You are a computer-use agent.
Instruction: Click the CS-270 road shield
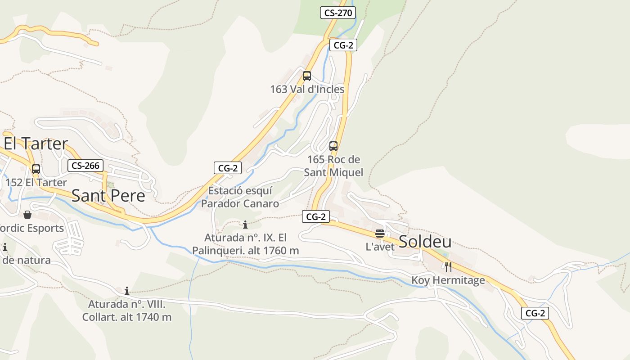pyautogui.click(x=338, y=13)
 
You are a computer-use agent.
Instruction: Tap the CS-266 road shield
pyautogui.click(x=85, y=166)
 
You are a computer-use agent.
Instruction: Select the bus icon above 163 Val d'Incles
pyautogui.click(x=307, y=76)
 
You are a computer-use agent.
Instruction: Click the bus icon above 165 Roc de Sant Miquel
pyautogui.click(x=333, y=146)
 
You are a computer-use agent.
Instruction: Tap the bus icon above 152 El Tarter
pyautogui.click(x=36, y=169)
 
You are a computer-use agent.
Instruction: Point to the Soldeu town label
pyautogui.click(x=425, y=242)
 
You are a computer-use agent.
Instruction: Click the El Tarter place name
pyautogui.click(x=36, y=144)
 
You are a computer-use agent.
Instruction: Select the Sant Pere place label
pyautogui.click(x=108, y=195)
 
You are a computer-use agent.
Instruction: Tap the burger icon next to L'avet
pyautogui.click(x=380, y=234)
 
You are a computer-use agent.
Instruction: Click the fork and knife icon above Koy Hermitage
pyautogui.click(x=448, y=267)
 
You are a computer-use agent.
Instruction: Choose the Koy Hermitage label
pyautogui.click(x=448, y=280)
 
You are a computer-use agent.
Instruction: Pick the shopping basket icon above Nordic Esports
pyautogui.click(x=27, y=215)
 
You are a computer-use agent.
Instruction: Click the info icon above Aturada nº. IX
pyautogui.click(x=245, y=225)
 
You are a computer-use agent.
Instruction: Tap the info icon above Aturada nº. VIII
pyautogui.click(x=127, y=291)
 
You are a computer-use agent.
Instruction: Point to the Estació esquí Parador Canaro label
pyautogui.click(x=240, y=197)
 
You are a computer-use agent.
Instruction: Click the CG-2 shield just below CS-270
pyautogui.click(x=343, y=45)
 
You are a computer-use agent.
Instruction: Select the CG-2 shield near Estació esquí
pyautogui.click(x=228, y=168)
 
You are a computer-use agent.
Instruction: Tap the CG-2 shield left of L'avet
pyautogui.click(x=315, y=216)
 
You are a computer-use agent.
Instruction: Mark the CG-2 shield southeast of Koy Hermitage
pyautogui.click(x=535, y=313)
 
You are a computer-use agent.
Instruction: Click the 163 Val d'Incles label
pyautogui.click(x=307, y=89)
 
